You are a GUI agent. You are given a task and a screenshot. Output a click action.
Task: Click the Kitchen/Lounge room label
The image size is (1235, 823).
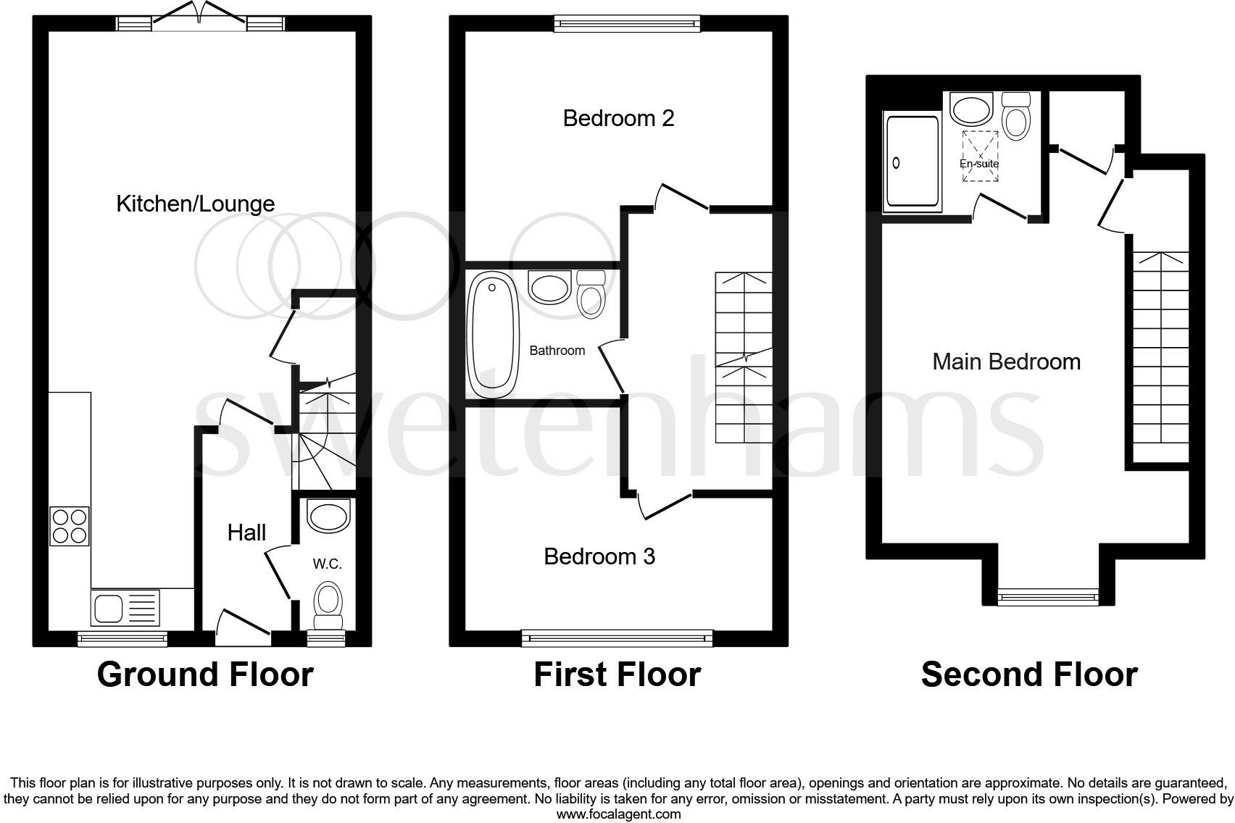[196, 204]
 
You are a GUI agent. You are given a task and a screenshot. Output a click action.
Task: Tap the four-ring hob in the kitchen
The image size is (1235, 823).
[70, 526]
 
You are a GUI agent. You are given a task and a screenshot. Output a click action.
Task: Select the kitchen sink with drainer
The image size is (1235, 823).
[125, 608]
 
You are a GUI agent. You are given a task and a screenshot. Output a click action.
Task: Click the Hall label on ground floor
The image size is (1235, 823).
[246, 532]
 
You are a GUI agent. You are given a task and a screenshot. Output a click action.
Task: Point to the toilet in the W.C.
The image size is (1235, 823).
[328, 605]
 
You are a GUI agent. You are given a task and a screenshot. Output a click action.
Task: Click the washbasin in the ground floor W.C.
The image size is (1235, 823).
[328, 517]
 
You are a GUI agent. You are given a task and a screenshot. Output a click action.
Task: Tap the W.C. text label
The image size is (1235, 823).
[327, 564]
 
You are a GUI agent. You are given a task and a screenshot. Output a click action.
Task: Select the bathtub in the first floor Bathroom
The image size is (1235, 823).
[494, 335]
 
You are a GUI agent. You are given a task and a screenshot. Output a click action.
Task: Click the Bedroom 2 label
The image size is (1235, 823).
[618, 118]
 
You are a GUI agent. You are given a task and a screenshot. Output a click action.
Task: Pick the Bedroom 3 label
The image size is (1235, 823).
[599, 556]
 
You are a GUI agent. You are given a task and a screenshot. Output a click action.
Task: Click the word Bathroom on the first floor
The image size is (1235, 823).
[557, 351]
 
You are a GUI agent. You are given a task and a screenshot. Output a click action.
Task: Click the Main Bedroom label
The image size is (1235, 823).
[1006, 362]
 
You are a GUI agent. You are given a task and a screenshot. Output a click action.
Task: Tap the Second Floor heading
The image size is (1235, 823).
[1028, 674]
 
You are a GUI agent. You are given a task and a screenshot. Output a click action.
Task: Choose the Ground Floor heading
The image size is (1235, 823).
[205, 674]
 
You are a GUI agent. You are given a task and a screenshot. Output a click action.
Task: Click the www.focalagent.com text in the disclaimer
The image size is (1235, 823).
[618, 814]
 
